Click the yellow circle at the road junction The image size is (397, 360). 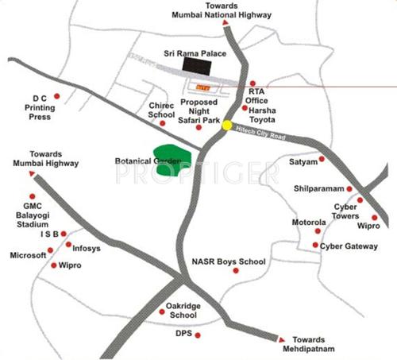tap(228, 125)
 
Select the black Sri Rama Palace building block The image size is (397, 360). tap(195, 66)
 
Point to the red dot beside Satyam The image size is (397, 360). tap(322, 161)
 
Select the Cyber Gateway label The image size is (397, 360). tap(349, 246)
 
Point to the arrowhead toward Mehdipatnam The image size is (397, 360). tap(279, 336)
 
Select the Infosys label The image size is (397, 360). tap(87, 248)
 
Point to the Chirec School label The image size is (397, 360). tap(161, 110)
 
